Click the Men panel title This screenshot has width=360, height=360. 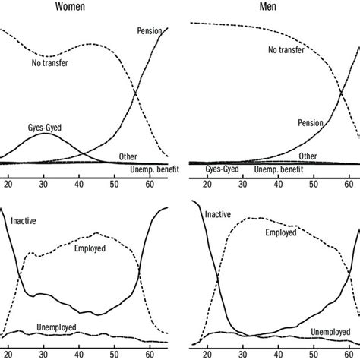pyautogui.click(x=265, y=8)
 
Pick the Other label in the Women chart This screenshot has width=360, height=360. pyautogui.click(x=128, y=156)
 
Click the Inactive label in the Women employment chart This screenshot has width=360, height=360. pyautogui.click(x=25, y=221)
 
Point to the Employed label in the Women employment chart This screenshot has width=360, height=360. pyautogui.click(x=90, y=248)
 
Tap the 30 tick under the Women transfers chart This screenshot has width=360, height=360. pyautogui.click(x=44, y=183)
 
